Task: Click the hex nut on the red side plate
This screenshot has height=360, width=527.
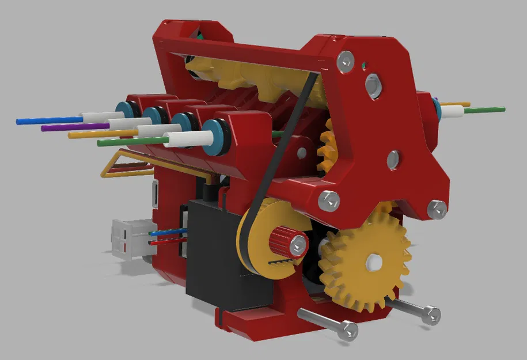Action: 374,85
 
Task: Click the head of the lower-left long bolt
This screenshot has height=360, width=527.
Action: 348,330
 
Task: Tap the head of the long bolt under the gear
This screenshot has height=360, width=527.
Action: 431,314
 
